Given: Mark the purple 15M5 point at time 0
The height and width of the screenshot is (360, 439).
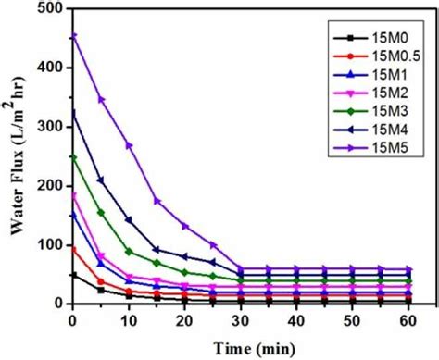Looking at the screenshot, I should tap(73, 36).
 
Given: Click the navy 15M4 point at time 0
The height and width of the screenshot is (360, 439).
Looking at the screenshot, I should tap(73, 112).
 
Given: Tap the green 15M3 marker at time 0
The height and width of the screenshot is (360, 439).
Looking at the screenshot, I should tap(73, 157).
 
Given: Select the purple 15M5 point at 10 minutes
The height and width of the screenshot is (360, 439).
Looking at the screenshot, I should tap(129, 145).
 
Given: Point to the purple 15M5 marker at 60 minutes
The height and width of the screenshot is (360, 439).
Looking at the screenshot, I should tap(407, 268).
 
